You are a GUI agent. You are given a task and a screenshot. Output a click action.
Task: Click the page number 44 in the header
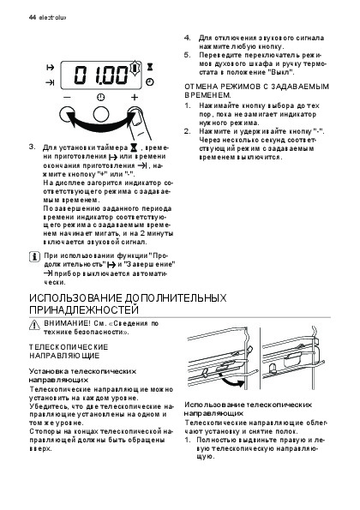33,17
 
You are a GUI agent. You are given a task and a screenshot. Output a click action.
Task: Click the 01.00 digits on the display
101,75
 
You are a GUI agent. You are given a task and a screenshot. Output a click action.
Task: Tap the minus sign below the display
68,97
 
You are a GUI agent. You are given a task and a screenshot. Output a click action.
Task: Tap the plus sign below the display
135,97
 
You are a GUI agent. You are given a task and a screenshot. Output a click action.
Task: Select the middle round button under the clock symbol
101,115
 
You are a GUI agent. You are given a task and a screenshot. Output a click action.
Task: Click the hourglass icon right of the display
150,67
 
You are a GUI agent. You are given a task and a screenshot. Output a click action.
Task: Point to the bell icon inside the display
135,69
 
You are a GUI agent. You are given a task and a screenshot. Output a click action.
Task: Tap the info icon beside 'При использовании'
34,257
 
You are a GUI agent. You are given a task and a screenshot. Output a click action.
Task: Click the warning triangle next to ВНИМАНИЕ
34,325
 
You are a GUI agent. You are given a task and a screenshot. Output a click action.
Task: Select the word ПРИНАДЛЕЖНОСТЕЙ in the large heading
84,310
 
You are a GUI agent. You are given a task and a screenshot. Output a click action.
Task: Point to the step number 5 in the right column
187,55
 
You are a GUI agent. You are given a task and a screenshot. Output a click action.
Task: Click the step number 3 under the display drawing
32,147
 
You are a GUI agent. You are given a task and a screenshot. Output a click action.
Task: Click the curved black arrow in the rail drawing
231,381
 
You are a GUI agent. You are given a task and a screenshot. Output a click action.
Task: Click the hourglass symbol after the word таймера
134,148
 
